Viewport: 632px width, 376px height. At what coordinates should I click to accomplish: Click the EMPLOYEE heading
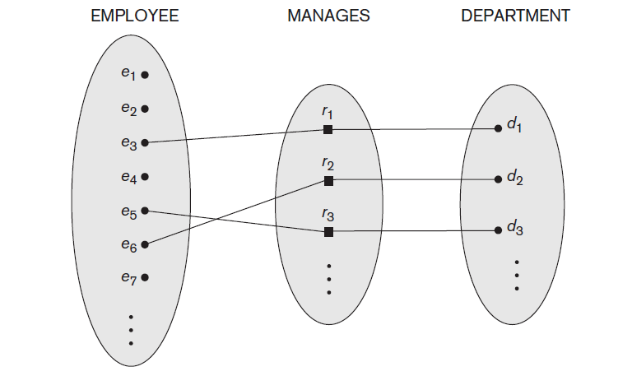(134, 16)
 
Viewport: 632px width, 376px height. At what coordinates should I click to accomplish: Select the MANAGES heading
(328, 16)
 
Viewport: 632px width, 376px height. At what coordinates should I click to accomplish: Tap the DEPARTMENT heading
(515, 16)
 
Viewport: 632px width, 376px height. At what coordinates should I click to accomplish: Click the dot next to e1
(145, 75)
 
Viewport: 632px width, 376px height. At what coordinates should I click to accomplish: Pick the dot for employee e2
(145, 109)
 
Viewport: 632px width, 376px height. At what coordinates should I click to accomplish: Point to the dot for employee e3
(145, 142)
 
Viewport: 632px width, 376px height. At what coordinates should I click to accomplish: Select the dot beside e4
(145, 176)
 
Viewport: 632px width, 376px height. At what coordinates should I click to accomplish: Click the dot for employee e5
(145, 210)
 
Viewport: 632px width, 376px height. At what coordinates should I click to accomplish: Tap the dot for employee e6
(145, 244)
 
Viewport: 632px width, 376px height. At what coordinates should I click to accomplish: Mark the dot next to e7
(145, 277)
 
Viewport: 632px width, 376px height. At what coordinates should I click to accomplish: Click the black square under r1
(328, 130)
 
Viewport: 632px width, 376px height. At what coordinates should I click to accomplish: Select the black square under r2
(328, 180)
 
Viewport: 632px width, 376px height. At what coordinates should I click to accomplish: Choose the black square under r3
(328, 232)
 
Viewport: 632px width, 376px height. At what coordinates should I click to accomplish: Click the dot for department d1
(498, 128)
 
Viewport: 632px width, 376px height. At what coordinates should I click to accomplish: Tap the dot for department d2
(498, 179)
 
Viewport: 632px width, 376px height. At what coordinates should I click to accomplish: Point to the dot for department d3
(498, 231)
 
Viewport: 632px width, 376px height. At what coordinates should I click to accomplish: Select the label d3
(514, 230)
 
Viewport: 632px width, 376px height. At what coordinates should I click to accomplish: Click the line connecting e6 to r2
(237, 211)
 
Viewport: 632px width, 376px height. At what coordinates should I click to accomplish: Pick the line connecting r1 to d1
(411, 129)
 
